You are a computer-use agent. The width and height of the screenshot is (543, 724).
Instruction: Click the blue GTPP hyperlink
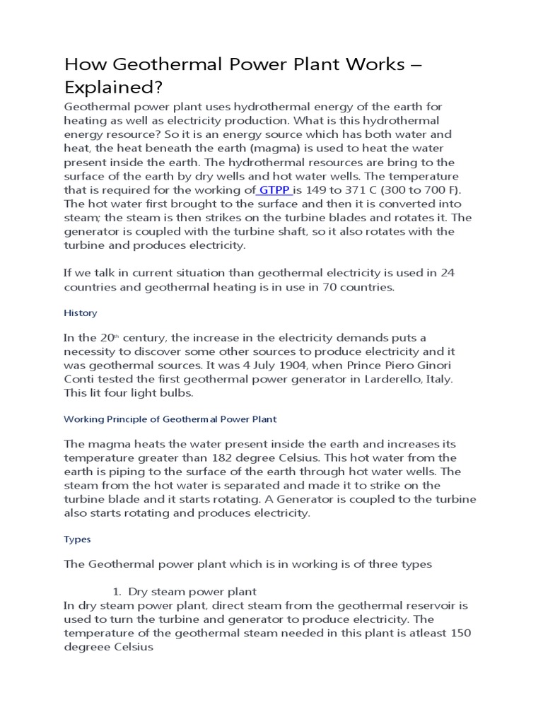[x=274, y=189]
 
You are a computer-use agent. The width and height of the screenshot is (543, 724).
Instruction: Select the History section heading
[x=81, y=313]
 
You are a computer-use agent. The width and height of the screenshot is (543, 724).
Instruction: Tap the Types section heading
[x=78, y=539]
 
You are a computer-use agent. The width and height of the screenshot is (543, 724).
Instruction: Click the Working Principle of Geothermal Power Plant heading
[x=170, y=419]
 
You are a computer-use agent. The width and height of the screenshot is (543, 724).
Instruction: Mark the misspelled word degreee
[x=89, y=647]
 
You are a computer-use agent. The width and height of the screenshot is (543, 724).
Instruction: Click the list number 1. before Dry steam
[x=118, y=591]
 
